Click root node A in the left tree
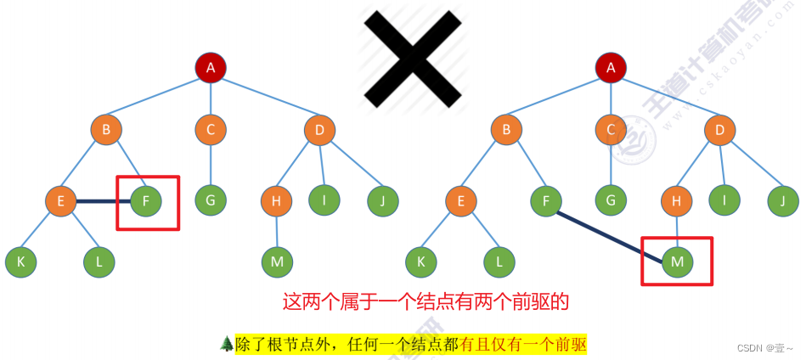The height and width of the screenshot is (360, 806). (211, 68)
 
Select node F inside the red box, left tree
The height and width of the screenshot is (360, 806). (146, 201)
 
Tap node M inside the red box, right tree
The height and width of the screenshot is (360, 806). (677, 262)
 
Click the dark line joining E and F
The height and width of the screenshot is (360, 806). (103, 201)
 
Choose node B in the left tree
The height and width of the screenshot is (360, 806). (106, 130)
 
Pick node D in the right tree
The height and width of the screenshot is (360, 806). (719, 130)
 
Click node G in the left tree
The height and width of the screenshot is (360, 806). (211, 201)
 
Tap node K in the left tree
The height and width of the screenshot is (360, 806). (20, 262)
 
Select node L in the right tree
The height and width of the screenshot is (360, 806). (499, 262)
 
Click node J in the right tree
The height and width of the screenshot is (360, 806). (783, 201)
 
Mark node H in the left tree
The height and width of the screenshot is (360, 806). (276, 201)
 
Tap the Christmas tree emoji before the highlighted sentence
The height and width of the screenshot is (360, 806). (226, 344)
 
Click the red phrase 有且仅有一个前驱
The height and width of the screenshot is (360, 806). (522, 345)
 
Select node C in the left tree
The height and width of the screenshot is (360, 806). (211, 130)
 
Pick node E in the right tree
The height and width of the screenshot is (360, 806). (460, 201)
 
